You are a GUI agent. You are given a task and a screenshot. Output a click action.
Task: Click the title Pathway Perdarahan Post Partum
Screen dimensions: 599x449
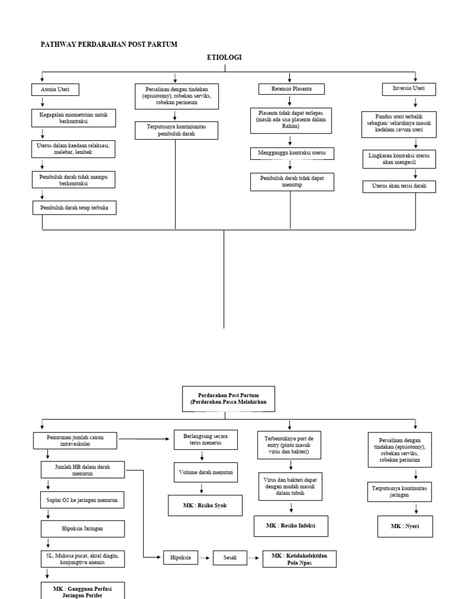[x=108, y=44]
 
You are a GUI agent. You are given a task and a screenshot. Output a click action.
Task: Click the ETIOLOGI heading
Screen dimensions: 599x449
[x=224, y=57]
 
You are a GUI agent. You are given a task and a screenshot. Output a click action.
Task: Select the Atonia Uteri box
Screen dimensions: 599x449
[x=54, y=89]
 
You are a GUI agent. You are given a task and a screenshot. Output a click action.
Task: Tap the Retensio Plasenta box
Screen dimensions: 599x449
[x=291, y=89]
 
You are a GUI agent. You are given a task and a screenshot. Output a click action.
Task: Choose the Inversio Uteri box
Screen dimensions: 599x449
[x=416, y=89]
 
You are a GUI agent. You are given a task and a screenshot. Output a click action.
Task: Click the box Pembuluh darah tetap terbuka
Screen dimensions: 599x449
[x=74, y=208]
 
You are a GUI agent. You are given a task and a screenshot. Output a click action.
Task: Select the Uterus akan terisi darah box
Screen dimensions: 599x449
[x=399, y=187]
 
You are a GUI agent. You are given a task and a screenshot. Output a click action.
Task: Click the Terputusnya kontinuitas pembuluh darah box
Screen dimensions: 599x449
[x=176, y=130]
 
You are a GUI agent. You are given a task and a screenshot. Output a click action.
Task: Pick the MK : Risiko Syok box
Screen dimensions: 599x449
[x=205, y=505]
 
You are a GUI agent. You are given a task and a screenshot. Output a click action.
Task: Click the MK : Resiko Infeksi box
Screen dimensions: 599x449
[x=291, y=526]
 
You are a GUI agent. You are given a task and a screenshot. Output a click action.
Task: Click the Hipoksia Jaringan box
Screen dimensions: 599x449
[x=82, y=529]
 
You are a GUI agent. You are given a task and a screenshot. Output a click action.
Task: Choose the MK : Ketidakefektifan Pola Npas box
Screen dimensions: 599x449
[x=299, y=559]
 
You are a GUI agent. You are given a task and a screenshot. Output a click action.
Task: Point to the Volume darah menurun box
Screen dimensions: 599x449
[x=205, y=472]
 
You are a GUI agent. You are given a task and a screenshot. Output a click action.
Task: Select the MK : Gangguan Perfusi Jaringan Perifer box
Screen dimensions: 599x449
[x=82, y=589]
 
